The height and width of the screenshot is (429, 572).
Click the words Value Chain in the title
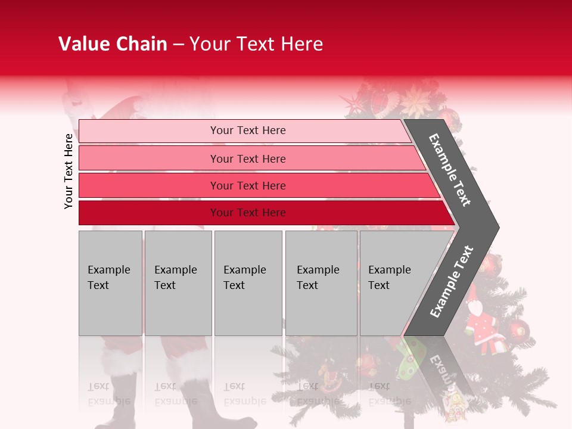pos(113,44)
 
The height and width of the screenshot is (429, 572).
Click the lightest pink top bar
pos(244,130)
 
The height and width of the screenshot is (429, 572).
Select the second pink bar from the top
pos(250,158)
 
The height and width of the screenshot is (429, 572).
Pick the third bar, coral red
pos(256,185)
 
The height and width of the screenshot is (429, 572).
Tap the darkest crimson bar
pos(262,213)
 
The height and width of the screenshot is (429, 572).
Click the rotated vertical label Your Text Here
pos(69,171)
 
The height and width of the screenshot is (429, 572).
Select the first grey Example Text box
pos(110,282)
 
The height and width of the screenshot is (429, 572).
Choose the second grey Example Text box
pos(178,282)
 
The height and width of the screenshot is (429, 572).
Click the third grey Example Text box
pos(248,282)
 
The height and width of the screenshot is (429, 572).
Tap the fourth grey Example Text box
pos(321,282)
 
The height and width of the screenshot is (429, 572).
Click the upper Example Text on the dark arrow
pos(450,170)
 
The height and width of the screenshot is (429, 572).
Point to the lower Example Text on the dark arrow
pos(452,281)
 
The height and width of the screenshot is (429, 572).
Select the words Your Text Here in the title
pos(256,44)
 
